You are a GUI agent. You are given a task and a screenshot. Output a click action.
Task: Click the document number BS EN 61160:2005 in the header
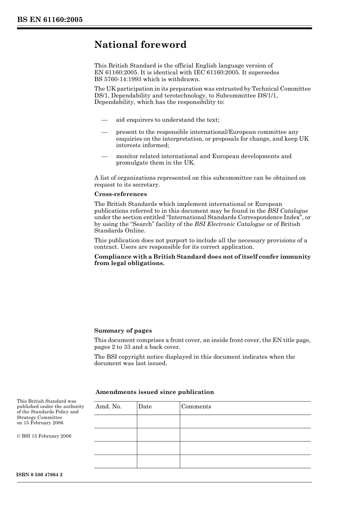50,20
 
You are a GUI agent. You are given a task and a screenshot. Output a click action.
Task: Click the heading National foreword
140,45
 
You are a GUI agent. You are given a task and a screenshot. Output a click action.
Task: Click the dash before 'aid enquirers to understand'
105,120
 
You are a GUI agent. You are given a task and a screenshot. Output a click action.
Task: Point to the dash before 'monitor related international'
105,156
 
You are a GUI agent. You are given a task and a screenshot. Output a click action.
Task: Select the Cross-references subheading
121,194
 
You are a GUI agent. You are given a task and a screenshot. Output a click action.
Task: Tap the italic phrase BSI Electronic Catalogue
229,224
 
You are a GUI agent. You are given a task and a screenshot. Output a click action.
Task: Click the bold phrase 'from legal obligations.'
129,263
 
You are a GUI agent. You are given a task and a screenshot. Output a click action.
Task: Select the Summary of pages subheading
123,331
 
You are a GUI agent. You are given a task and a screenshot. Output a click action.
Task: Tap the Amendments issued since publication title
155,392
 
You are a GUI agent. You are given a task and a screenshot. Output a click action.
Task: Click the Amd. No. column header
108,406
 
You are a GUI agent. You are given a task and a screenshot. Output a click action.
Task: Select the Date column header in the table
145,406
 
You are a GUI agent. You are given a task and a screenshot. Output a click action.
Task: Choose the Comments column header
196,406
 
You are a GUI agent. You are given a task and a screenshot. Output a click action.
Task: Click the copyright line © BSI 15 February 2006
44,436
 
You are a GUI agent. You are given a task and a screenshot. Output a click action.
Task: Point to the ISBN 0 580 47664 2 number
40,475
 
